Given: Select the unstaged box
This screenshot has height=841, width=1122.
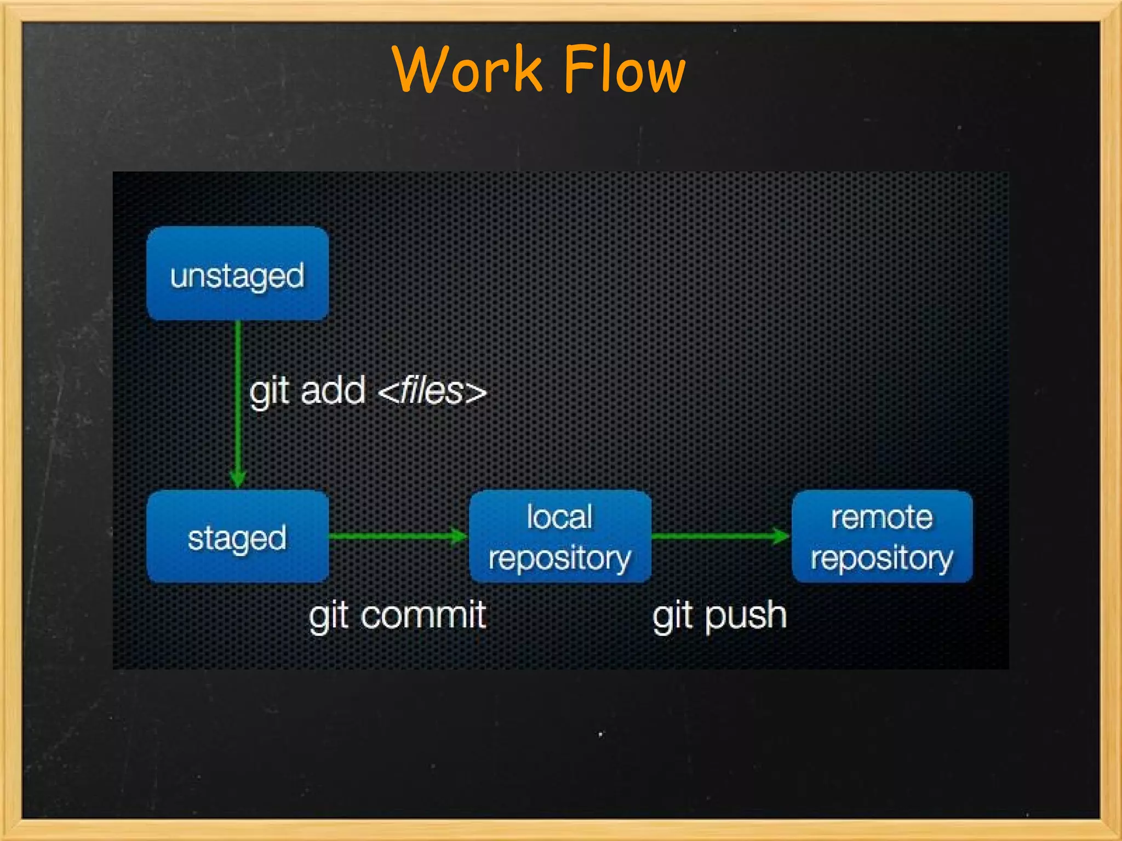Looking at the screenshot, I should (237, 273).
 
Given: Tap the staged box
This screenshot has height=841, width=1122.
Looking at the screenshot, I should (237, 537).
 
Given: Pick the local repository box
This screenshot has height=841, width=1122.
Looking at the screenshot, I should (560, 537).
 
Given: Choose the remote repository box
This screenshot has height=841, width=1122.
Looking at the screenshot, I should (882, 537).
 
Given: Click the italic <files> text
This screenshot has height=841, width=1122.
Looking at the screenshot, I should (432, 391).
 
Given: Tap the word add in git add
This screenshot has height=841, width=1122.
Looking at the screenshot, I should (333, 391).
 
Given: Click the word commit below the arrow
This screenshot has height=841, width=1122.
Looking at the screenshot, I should (423, 615).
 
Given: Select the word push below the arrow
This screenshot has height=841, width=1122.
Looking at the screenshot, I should (746, 616).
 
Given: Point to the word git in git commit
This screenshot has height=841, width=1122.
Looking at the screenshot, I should (329, 616).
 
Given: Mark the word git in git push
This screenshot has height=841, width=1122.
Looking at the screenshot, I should (672, 616).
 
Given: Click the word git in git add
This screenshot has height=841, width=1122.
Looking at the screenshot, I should (269, 392).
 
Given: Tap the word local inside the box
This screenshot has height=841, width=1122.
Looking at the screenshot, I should (559, 517).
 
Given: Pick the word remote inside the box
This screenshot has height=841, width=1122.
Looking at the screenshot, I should (881, 517).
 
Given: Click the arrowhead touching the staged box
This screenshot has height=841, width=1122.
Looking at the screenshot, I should (238, 479).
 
